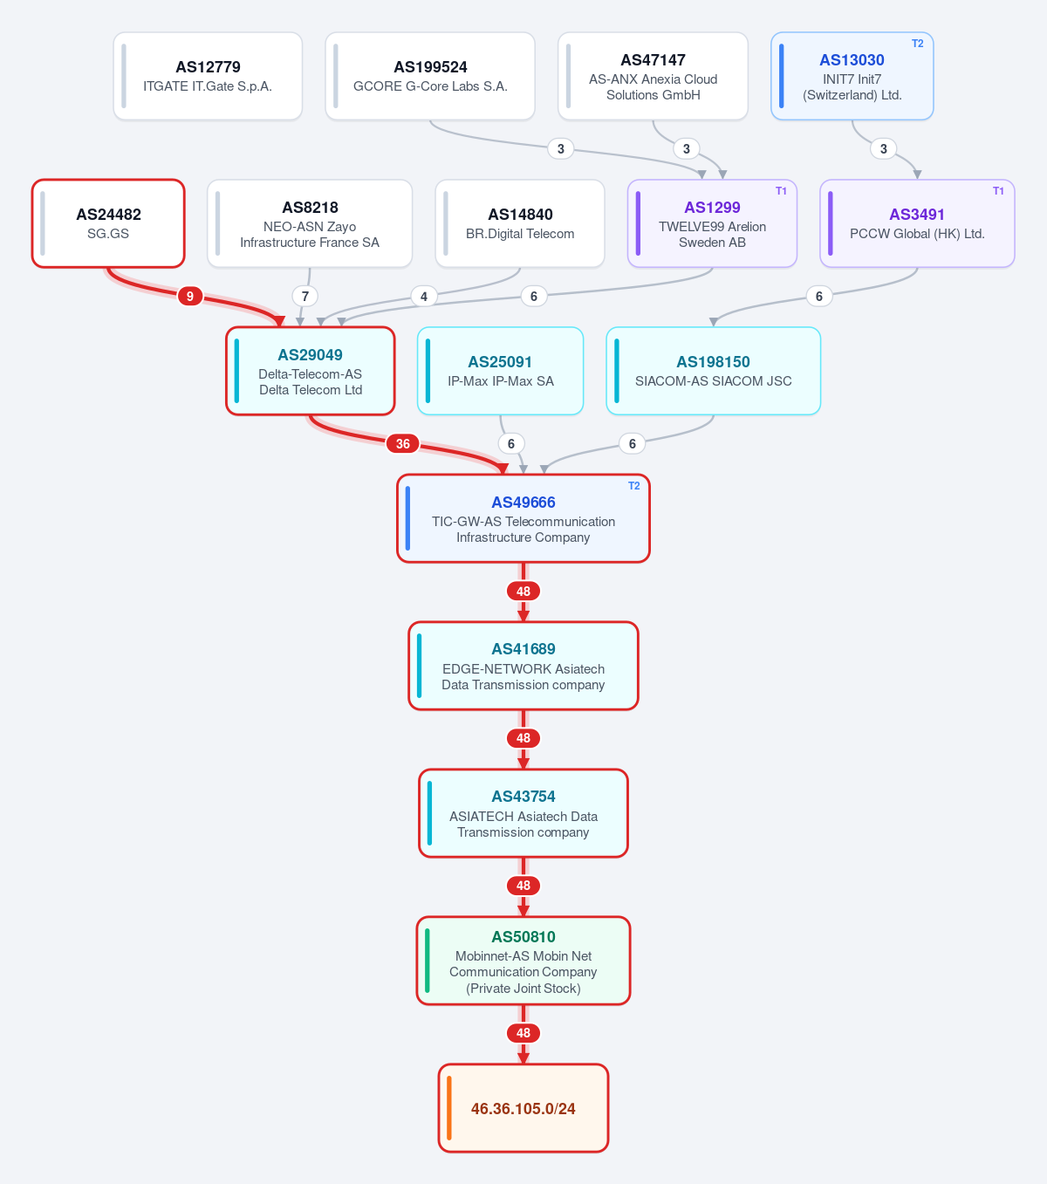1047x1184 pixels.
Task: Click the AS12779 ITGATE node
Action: click(208, 76)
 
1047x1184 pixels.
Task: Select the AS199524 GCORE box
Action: click(429, 76)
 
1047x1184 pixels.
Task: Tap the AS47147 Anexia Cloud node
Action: click(653, 76)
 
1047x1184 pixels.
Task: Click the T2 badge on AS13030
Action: click(917, 44)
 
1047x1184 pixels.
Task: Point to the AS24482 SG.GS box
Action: click(108, 223)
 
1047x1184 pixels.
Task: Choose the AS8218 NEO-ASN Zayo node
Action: click(310, 223)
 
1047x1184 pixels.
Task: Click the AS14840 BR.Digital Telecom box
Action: click(520, 223)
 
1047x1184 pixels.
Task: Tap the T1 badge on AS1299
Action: click(781, 190)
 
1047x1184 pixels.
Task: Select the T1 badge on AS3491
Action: click(998, 190)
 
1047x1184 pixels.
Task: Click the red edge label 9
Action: click(190, 297)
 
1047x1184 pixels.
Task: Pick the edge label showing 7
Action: click(305, 297)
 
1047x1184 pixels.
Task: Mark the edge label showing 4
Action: click(424, 297)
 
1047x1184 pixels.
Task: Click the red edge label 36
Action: click(403, 443)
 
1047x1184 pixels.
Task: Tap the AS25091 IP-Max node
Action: click(501, 371)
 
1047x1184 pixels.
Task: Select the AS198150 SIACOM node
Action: click(713, 371)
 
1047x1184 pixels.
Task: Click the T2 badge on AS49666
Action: click(633, 486)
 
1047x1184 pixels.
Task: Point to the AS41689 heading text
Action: click(523, 648)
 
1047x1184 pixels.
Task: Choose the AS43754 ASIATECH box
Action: click(523, 813)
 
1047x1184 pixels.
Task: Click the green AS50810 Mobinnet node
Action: click(523, 961)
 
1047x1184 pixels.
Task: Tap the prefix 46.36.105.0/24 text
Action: click(523, 1109)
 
